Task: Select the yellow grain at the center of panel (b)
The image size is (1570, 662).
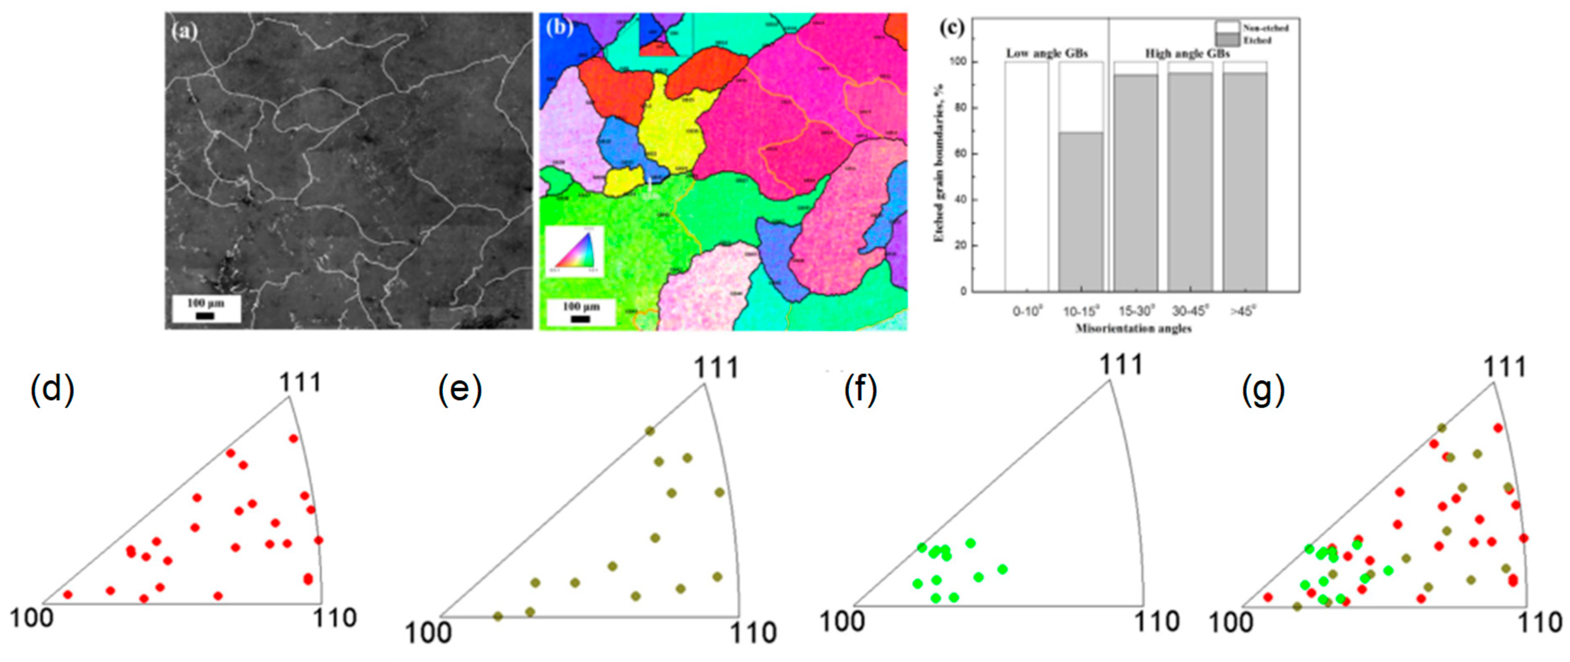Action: click(x=670, y=122)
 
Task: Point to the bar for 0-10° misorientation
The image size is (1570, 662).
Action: click(x=1027, y=177)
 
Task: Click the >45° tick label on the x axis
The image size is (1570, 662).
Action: click(x=1243, y=311)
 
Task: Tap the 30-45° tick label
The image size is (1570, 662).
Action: click(x=1190, y=311)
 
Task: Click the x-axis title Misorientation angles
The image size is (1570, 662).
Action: click(x=1133, y=329)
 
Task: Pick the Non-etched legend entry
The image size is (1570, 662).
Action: click(x=1265, y=28)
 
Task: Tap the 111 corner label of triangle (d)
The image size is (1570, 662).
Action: click(x=300, y=382)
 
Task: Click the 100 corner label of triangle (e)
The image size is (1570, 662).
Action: click(x=429, y=633)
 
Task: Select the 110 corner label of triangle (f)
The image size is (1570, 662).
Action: click(x=1156, y=622)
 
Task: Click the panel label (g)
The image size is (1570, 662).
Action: click(x=1263, y=390)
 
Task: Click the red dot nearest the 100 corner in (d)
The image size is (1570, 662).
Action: click(x=68, y=594)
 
